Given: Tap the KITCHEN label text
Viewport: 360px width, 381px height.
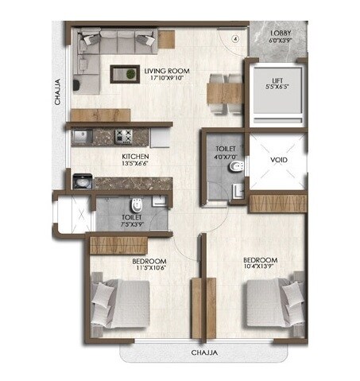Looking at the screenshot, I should coord(134,157).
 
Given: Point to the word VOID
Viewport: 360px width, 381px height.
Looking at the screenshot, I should coord(278,160).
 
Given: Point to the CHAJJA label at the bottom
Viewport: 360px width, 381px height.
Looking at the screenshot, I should coord(204,351).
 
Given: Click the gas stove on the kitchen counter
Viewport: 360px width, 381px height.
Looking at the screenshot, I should coord(124,134).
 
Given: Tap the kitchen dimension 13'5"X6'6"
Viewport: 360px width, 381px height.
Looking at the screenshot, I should coord(134,165).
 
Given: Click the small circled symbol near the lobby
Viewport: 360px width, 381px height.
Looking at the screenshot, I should coord(234,37).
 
